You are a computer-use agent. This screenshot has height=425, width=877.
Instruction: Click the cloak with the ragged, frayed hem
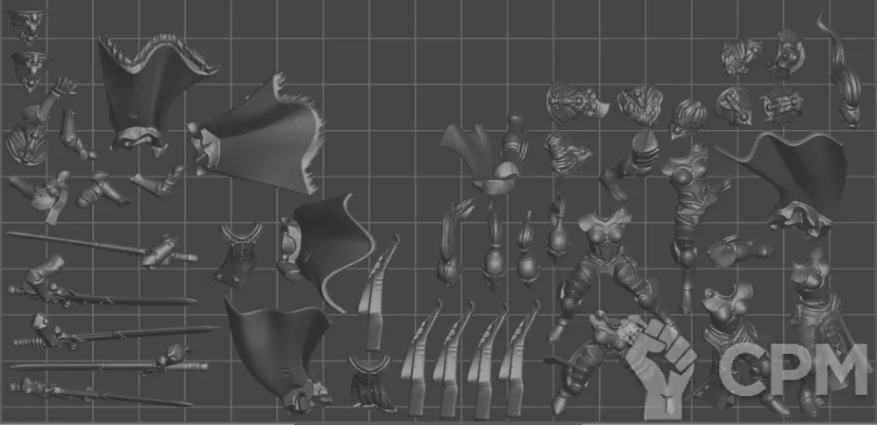coord(260,134)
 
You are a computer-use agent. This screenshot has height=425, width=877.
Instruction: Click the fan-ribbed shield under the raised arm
coord(25,144)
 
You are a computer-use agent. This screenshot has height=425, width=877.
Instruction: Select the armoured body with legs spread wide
coord(607,269)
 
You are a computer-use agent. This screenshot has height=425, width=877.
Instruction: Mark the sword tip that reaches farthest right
coord(218,328)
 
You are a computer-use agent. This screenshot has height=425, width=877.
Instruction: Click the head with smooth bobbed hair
coord(688,118)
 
